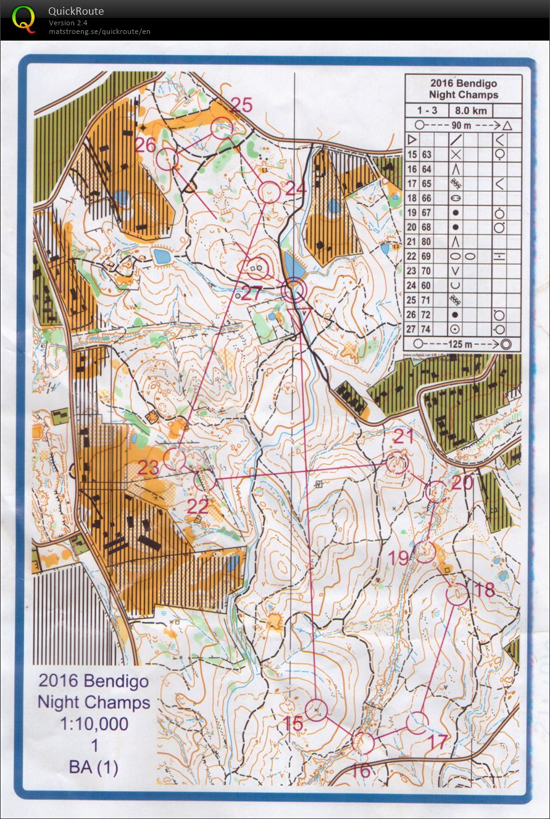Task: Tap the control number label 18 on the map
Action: coord(486,589)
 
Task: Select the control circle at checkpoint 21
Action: coord(398,462)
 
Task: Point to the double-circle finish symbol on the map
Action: coord(294,289)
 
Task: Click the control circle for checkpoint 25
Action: coord(222,127)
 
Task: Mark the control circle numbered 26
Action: coord(167,159)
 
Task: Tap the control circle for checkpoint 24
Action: coord(269,192)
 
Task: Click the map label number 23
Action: coord(149,467)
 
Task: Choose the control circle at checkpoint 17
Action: coord(418,721)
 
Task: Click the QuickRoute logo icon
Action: coord(24,19)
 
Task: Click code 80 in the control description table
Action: coord(427,242)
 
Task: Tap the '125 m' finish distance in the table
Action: coord(462,344)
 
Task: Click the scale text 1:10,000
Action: coord(94,723)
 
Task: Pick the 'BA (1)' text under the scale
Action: coord(94,767)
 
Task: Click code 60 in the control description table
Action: coord(427,286)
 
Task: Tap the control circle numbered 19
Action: coord(423,551)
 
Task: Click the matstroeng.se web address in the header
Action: coord(99,31)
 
